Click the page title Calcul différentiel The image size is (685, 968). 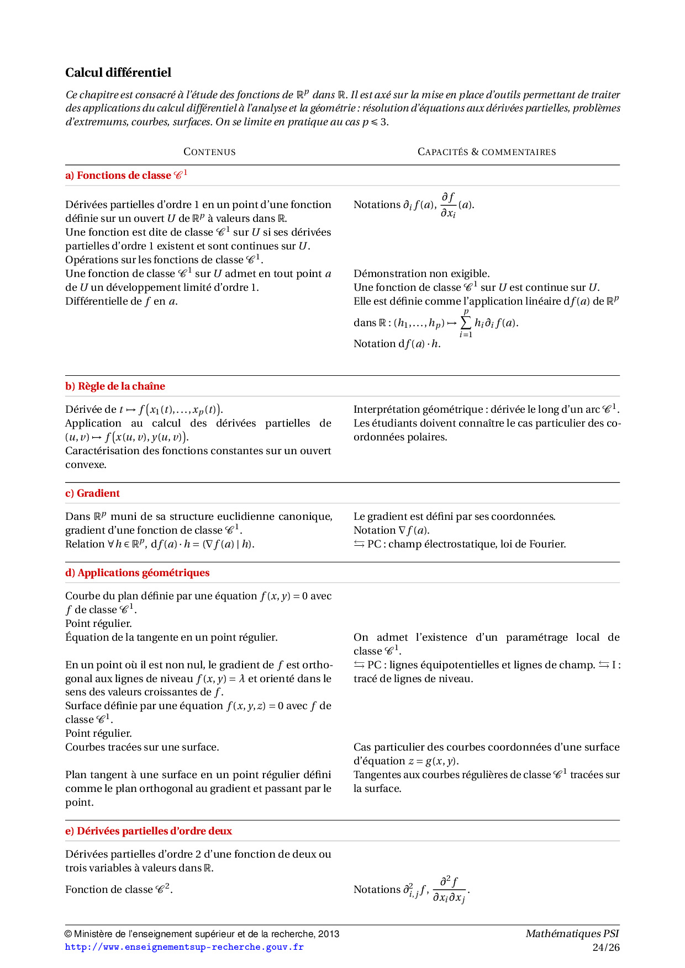click(x=118, y=73)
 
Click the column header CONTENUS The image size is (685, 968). click(x=209, y=152)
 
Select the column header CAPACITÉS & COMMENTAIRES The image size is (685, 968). click(x=487, y=152)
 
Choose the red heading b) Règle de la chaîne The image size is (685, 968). click(x=115, y=386)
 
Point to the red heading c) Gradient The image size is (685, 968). click(x=92, y=493)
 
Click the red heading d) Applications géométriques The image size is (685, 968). click(x=137, y=573)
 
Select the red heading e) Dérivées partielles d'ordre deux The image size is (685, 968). click(x=148, y=831)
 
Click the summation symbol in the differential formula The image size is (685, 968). click(x=466, y=323)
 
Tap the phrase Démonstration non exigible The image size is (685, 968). click(x=421, y=274)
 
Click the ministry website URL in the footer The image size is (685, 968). click(x=184, y=947)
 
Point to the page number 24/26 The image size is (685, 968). click(x=605, y=948)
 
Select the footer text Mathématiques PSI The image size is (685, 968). click(x=572, y=934)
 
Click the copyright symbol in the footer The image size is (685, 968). click(x=68, y=934)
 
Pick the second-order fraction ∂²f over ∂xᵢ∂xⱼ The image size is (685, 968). click(x=449, y=890)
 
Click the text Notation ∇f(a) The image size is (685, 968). click(x=391, y=530)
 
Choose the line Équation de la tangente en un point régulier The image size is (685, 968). click(x=171, y=637)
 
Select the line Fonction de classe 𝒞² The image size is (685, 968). click(x=119, y=890)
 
